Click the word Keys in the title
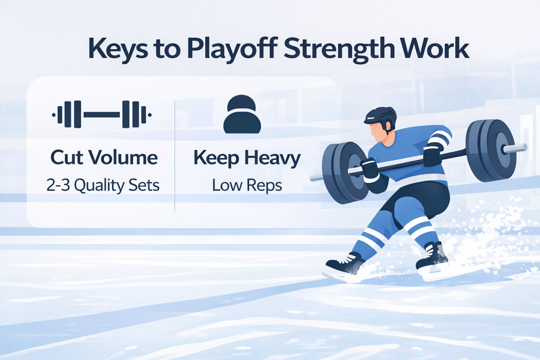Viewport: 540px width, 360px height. (x=118, y=50)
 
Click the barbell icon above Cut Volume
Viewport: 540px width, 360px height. (x=102, y=114)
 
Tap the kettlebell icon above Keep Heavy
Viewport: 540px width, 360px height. (x=242, y=114)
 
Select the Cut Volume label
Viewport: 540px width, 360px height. (x=104, y=158)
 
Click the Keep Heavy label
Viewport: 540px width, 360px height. (x=247, y=159)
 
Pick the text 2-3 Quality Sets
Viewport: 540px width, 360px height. (x=103, y=185)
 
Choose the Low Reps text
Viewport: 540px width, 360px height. (x=247, y=186)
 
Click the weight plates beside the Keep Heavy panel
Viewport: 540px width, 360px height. (x=345, y=173)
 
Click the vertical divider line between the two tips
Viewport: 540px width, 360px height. (x=175, y=156)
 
